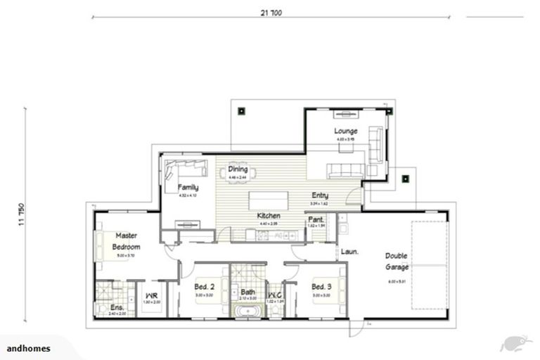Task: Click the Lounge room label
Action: [x=345, y=131]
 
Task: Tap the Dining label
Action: [x=238, y=169]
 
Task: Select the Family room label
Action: [x=188, y=188]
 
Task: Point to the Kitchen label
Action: [x=269, y=215]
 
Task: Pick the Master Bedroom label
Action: [x=127, y=241]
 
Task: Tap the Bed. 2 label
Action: [x=205, y=286]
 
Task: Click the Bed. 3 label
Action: [x=322, y=286]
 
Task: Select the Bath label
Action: [x=247, y=291]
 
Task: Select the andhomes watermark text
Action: [x=26, y=348]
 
